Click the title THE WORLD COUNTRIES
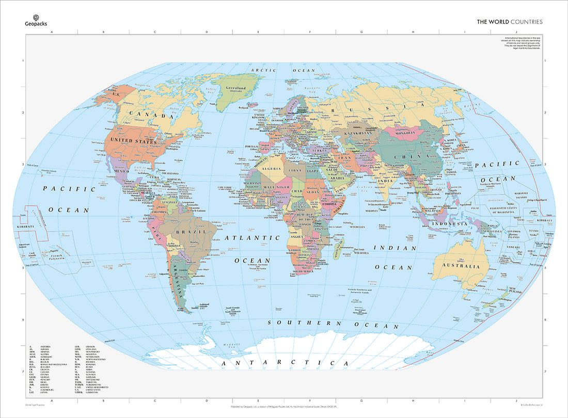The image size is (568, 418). [509, 22]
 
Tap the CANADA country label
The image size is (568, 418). [151, 115]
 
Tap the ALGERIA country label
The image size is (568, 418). [272, 168]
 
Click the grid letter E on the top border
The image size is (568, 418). [258, 33]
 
